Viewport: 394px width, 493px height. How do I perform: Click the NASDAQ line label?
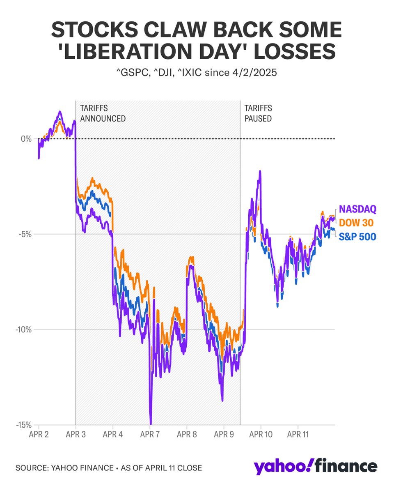(357, 209)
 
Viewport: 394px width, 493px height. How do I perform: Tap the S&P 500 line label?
(357, 237)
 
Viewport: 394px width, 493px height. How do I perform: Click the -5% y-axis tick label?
(25, 234)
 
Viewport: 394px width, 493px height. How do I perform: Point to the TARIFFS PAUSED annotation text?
(258, 113)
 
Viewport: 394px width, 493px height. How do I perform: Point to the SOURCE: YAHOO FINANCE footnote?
(109, 468)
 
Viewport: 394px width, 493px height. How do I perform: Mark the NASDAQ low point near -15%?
(151, 423)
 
